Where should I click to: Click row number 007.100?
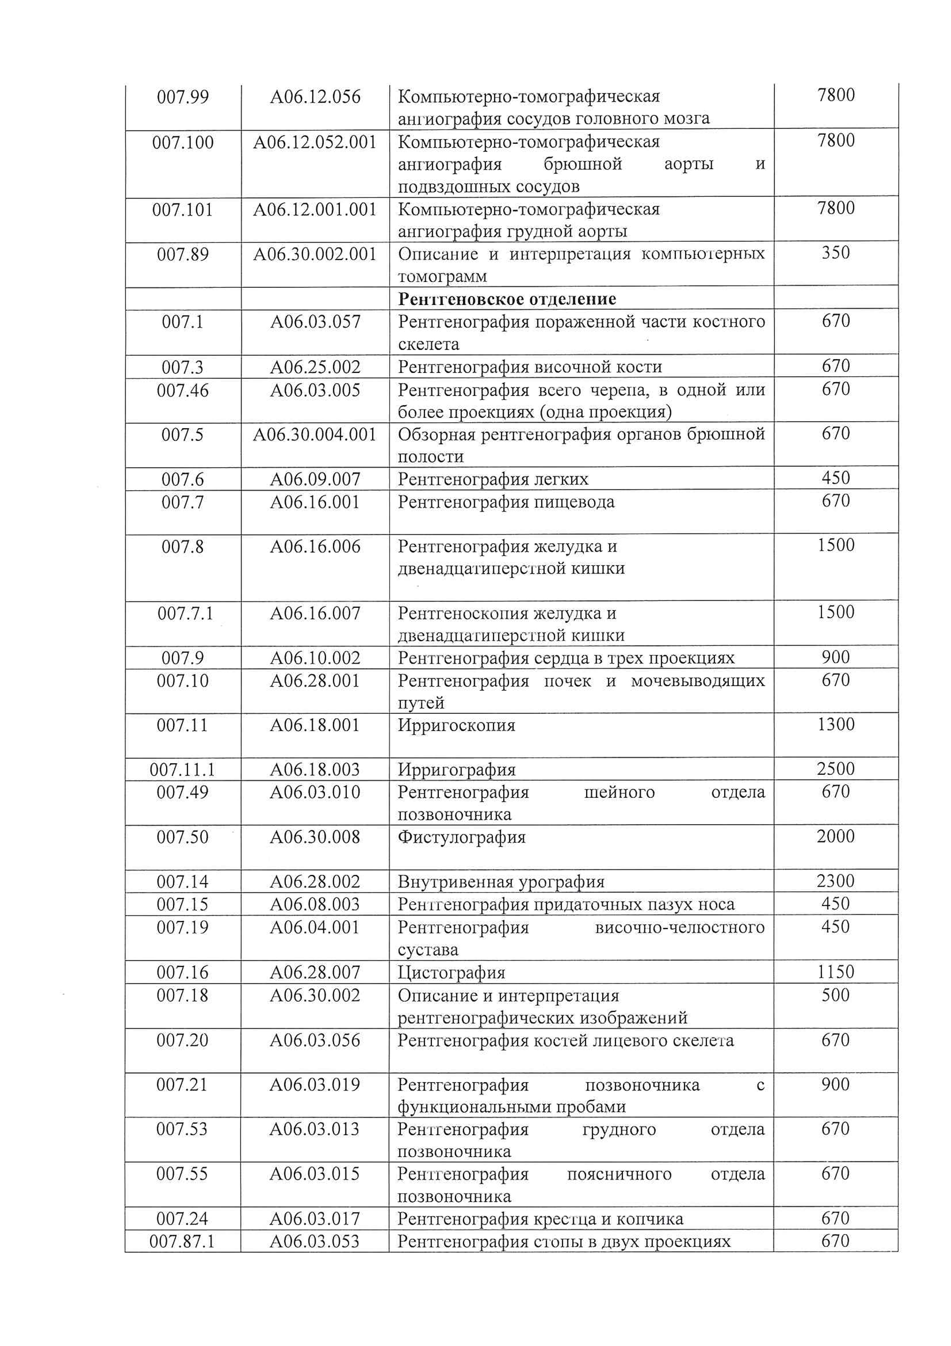coord(183,142)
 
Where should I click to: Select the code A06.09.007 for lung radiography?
coord(315,480)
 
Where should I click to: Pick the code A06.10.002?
coord(315,658)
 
